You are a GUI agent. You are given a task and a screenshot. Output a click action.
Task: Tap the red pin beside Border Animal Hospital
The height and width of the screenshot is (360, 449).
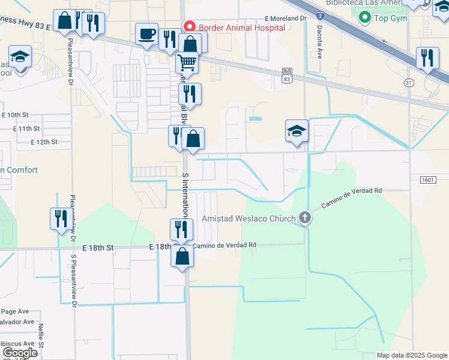tap(190, 26)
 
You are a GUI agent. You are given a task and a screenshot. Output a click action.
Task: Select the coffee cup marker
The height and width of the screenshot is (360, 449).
tap(146, 34)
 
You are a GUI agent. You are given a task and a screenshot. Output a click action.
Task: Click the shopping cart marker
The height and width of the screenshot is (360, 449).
tap(187, 61)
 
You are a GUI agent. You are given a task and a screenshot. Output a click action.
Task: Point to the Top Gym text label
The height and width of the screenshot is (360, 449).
tap(391, 18)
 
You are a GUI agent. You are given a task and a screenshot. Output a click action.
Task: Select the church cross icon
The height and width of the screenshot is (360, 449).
tap(305, 217)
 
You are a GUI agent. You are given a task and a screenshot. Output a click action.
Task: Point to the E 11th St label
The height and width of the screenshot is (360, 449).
tap(26, 128)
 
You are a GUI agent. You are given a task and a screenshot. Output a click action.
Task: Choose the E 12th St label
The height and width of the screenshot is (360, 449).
tap(44, 142)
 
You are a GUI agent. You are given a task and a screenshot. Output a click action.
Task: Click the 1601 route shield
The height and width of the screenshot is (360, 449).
tap(428, 180)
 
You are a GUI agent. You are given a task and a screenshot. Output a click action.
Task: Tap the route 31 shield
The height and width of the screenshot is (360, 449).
tap(409, 82)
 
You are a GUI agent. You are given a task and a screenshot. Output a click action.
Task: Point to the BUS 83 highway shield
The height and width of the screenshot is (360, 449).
tap(288, 75)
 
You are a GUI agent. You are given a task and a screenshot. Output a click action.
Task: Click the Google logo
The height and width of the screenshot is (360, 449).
tap(20, 353)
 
